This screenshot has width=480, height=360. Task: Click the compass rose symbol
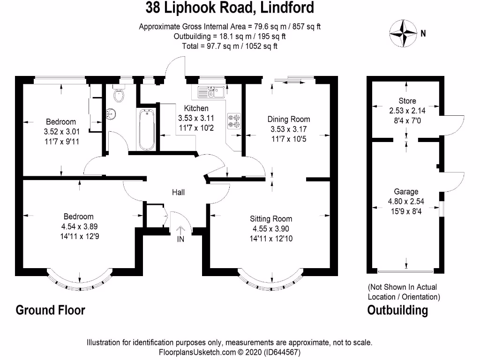[403, 33]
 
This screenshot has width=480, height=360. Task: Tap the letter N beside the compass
[423, 33]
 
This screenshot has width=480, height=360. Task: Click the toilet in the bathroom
[120, 94]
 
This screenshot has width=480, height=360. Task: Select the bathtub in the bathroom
[147, 129]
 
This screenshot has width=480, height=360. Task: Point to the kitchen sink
[212, 91]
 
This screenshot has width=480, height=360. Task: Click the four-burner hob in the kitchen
[234, 121]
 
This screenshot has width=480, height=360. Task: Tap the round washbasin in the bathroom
[112, 113]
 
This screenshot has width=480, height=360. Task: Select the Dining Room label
[288, 119]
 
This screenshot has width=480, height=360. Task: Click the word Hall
[178, 192]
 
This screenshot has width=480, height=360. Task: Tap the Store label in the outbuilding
[407, 101]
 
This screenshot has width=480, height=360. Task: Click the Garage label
[406, 192]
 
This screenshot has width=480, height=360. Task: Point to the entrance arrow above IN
[181, 229]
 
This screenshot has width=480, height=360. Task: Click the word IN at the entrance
[181, 239]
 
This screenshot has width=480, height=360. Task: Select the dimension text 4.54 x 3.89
[78, 226]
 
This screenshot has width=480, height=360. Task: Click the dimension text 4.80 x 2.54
[406, 202]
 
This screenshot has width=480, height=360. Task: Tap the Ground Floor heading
[51, 310]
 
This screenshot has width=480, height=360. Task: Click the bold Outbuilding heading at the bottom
[397, 310]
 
